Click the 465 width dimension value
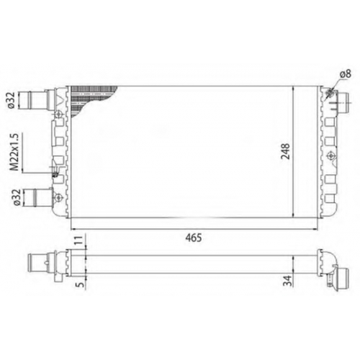pos(194,238)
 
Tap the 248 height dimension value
pos(286,151)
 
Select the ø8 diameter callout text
pos(345,73)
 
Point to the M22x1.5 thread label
pos(14,152)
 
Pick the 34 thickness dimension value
pos(287,280)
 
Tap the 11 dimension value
pos(80,240)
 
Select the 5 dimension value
pos(81,284)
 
